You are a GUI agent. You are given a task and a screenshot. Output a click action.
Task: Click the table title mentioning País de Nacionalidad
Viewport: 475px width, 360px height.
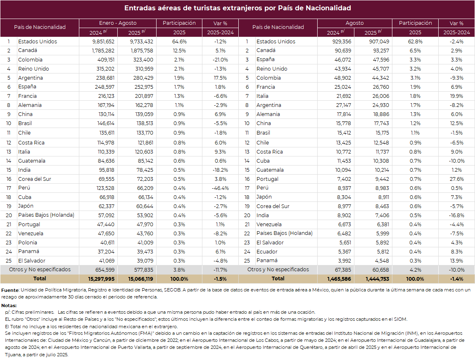pos(237,8)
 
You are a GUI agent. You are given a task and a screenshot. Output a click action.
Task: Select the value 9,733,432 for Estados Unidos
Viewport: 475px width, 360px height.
pos(141,41)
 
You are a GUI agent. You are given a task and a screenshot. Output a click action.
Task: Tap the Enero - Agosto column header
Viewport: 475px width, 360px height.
pos(118,23)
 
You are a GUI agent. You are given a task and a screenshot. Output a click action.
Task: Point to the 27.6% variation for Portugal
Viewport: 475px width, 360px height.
pos(456,179)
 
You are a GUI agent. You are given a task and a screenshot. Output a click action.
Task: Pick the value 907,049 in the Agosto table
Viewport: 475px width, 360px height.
pos(376,41)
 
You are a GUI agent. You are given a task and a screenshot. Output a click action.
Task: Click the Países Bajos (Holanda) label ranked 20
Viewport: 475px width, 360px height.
pos(46,215)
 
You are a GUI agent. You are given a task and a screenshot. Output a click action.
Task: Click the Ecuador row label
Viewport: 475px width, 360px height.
pos(267,251)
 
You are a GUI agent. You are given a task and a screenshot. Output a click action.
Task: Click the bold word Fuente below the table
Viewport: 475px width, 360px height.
pos(10,290)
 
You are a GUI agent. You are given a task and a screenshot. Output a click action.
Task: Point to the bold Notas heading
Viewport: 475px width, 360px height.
pos(9,306)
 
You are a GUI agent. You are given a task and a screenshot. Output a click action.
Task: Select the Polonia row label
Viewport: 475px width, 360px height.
pos(27,242)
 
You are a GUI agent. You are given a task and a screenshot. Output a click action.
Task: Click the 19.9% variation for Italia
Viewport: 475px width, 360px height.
pos(457,96)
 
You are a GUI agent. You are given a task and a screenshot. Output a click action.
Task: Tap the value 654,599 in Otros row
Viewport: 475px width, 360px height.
pos(103,270)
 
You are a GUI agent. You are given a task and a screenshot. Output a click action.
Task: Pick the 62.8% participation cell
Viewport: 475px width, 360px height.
pos(415,41)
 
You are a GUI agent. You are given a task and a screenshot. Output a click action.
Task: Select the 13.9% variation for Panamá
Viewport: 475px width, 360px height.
pos(456,261)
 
